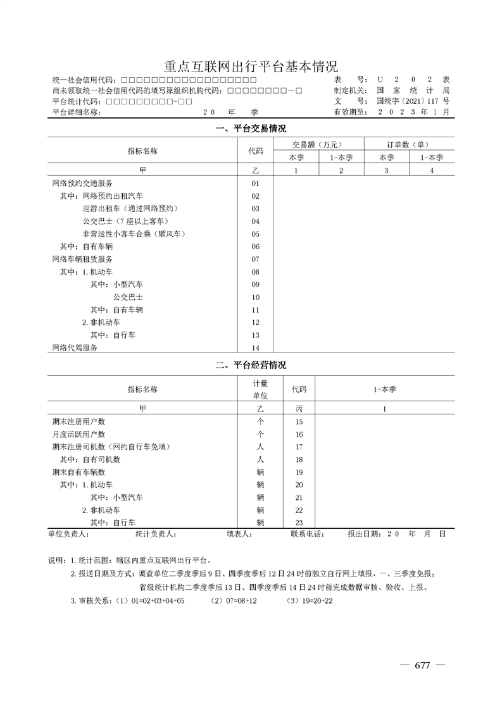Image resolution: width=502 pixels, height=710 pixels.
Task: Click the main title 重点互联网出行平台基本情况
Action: [251, 66]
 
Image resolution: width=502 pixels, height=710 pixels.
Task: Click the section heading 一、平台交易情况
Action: [251, 128]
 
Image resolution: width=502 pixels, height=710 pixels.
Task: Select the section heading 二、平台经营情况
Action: [251, 365]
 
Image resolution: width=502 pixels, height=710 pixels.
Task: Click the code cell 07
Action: [256, 259]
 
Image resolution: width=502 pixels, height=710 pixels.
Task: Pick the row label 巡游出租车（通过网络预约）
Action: [131, 208]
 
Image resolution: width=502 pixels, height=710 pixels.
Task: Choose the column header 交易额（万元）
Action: [318, 144]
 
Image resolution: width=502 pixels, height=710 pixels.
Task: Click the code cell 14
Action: [256, 348]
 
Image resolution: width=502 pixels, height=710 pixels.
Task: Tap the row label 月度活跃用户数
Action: [78, 434]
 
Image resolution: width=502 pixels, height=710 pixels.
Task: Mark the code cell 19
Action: [299, 472]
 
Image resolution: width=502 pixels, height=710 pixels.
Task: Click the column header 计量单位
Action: [260, 389]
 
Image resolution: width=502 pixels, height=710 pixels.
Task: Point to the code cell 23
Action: [299, 523]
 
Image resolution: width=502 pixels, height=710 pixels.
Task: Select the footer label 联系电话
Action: [306, 534]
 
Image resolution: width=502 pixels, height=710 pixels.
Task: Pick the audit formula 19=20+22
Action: [310, 600]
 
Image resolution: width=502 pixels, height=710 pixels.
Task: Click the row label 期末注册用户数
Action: [78, 421]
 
